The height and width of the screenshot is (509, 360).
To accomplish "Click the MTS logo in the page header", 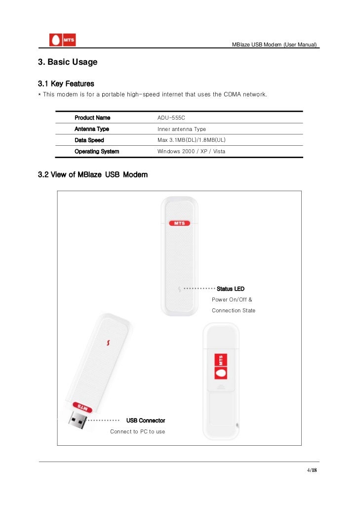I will pyautogui.click(x=62, y=41).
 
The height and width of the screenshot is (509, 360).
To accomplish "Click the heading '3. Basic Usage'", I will pyautogui.click(x=68, y=62).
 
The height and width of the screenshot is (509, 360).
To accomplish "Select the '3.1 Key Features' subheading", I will pyautogui.click(x=66, y=84).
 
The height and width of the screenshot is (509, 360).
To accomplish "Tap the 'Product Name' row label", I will pyautogui.click(x=92, y=118).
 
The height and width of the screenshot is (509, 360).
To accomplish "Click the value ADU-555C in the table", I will pyautogui.click(x=171, y=118).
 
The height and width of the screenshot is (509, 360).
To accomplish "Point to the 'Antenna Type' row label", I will pyautogui.click(x=92, y=129).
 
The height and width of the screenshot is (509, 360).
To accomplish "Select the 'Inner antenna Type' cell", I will pyautogui.click(x=182, y=129).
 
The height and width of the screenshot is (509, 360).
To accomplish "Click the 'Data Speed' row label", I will pyautogui.click(x=89, y=140).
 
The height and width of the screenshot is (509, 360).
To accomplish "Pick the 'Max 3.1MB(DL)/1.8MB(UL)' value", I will pyautogui.click(x=191, y=140).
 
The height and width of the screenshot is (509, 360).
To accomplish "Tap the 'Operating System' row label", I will pyautogui.click(x=97, y=151).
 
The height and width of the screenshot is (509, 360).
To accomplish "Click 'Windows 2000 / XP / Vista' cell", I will pyautogui.click(x=191, y=151).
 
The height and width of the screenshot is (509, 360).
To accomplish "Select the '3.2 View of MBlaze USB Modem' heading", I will pyautogui.click(x=93, y=175).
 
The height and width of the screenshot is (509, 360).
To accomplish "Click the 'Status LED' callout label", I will pyautogui.click(x=231, y=289).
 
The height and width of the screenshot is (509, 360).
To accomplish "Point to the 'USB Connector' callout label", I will pyautogui.click(x=146, y=421).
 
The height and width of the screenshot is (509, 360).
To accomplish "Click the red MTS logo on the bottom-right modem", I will pyautogui.click(x=221, y=366).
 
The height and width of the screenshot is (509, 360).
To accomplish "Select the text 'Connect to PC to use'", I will pyautogui.click(x=138, y=431).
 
